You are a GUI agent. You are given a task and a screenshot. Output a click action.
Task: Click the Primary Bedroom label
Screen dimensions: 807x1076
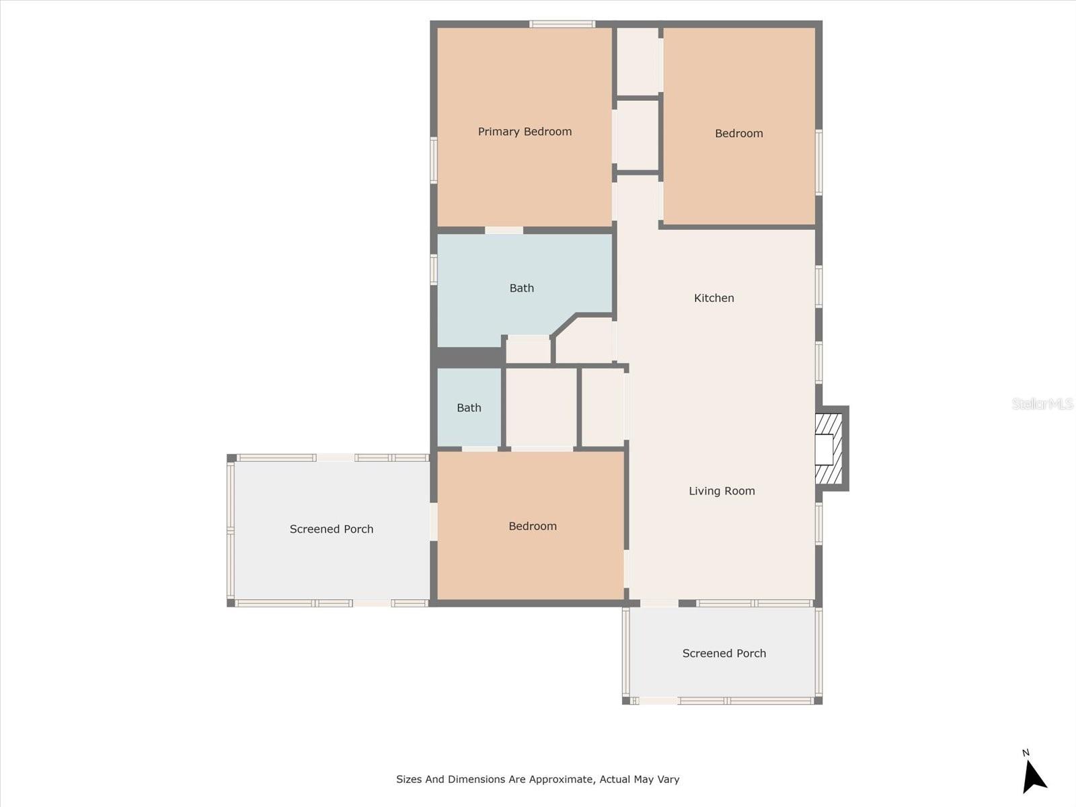coord(525,132)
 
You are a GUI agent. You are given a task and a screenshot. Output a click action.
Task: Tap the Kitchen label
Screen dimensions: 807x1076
coord(714,298)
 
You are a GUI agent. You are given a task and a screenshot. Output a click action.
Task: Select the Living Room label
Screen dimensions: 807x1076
coord(722,491)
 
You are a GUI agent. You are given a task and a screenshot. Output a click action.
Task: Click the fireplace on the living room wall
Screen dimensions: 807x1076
coord(829,449)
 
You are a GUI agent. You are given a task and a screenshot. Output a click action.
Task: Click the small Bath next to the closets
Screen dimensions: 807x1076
coord(469,408)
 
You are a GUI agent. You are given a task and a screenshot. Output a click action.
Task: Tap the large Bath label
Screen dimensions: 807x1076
coord(521,288)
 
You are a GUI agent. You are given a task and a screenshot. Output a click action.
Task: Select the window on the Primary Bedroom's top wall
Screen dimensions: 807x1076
coord(562,25)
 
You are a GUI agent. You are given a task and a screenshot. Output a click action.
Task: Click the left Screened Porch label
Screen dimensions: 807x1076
coord(331,529)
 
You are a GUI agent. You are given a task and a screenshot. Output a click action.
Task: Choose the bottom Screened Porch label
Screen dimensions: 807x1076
coord(724,653)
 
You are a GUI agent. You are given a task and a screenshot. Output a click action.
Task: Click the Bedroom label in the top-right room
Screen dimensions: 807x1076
coord(738,133)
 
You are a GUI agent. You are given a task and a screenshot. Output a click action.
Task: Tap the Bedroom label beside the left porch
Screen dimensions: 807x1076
coord(532,526)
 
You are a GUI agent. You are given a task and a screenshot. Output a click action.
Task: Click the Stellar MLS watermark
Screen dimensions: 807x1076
coord(1042,403)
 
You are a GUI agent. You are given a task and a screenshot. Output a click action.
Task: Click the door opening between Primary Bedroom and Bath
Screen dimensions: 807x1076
coord(504,231)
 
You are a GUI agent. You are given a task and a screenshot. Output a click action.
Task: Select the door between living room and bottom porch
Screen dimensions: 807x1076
coord(659,603)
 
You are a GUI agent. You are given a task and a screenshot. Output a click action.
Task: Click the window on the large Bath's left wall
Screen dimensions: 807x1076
coord(434,269)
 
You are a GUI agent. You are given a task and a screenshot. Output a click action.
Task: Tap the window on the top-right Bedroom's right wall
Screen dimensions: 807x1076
coord(818,161)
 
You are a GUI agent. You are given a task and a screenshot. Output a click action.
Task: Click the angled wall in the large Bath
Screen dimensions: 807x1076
coord(564,325)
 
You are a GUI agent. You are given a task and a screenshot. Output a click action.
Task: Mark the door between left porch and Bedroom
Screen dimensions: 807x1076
coord(434,521)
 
